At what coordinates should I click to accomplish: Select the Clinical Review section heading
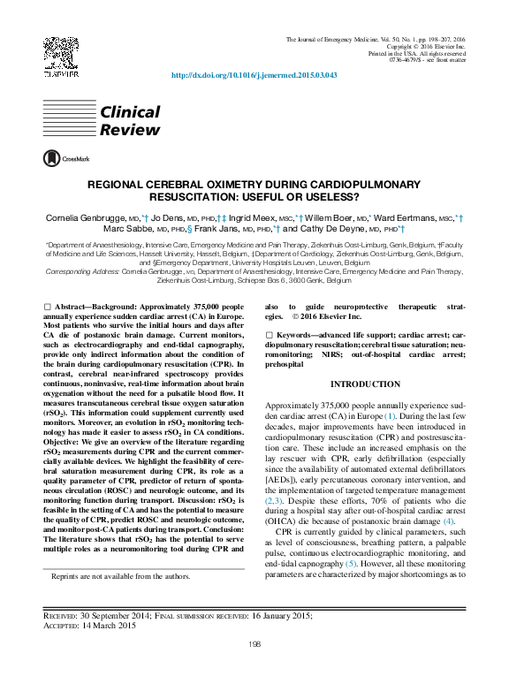129,121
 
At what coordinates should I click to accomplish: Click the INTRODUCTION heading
366,384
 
